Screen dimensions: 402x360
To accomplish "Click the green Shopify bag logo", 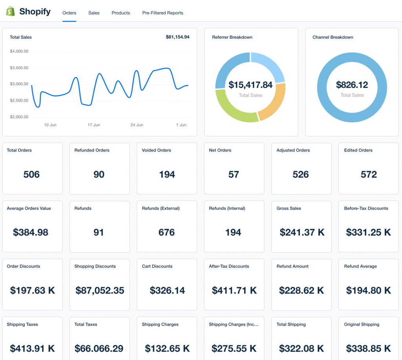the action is (x=11, y=11).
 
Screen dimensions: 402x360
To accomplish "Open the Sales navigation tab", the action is (x=94, y=13).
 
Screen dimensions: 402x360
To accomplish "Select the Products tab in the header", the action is (x=121, y=13).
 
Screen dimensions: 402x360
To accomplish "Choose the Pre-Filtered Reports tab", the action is (x=163, y=13).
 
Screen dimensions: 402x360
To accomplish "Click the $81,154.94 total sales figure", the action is (x=177, y=37).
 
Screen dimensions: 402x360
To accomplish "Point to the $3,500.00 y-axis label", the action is (x=19, y=68).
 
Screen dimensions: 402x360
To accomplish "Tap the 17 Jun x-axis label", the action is (x=94, y=125).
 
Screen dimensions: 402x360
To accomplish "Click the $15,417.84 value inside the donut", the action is (x=250, y=85).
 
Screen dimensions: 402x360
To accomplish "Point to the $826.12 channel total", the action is (x=352, y=85).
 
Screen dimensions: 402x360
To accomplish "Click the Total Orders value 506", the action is (x=31, y=174).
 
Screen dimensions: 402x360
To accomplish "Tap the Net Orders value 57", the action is (x=234, y=174).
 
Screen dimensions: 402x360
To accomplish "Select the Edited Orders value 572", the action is (x=369, y=174).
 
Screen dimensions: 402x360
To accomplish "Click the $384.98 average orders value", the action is (x=31, y=232).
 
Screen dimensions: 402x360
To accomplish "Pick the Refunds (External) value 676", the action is (x=166, y=232).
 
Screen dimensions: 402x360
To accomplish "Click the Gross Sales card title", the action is (x=289, y=208).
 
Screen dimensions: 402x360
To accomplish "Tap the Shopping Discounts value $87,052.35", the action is (x=100, y=291).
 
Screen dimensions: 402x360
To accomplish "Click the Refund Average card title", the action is (x=360, y=267).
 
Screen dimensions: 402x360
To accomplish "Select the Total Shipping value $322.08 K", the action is (x=301, y=349).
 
